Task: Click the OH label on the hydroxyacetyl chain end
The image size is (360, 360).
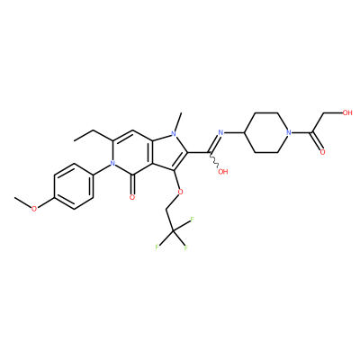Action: click(x=347, y=112)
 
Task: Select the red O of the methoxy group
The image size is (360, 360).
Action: click(x=34, y=209)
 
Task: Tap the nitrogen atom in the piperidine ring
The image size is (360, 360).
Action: click(x=289, y=132)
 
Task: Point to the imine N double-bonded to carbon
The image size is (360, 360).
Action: click(x=221, y=132)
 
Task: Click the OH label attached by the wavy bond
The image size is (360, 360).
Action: click(x=223, y=172)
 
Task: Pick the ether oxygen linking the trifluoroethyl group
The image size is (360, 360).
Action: click(x=180, y=192)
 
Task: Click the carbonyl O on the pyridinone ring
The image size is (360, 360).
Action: click(x=132, y=197)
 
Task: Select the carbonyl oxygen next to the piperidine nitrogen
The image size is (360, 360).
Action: click(x=322, y=152)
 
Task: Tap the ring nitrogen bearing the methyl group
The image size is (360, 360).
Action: click(x=173, y=132)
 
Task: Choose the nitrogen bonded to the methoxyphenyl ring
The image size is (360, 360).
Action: click(x=112, y=164)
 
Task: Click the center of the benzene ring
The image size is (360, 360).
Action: click(x=73, y=186)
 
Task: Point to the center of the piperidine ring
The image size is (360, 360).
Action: click(x=266, y=132)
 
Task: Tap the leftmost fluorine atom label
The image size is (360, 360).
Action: click(x=157, y=247)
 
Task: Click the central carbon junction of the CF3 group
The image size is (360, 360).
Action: click(x=174, y=231)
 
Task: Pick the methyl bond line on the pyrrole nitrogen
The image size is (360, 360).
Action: click(x=178, y=120)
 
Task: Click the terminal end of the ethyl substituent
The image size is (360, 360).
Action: click(x=74, y=140)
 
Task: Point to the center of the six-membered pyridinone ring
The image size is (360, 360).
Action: click(x=132, y=152)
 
